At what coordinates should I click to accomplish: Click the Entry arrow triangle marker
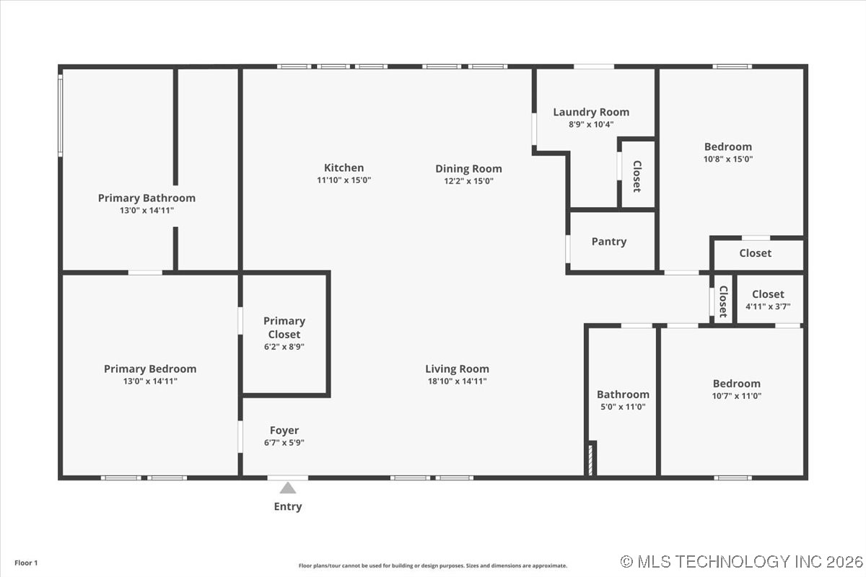coord(288,488)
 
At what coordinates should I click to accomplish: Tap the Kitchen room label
coord(344,168)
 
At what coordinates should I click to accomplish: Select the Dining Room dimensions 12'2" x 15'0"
coord(468,182)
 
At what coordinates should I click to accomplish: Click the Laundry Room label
coord(591,112)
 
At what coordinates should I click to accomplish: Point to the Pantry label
coord(609,242)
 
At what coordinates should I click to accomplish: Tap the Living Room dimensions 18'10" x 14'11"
coord(457,381)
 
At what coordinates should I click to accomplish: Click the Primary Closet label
coord(284,327)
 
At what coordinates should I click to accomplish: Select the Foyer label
coord(284,431)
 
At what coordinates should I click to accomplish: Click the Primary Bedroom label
coord(150,369)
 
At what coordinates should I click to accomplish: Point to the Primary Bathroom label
coord(146,198)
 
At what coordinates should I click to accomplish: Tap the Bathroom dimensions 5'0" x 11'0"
coord(623,407)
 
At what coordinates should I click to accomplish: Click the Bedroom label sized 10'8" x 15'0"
coord(728,146)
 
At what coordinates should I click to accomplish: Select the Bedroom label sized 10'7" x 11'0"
coord(736,384)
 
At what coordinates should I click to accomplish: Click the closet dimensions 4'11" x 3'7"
coord(768,307)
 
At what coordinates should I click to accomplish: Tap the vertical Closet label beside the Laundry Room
coord(637,175)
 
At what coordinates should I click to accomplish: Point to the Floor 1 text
coord(26,563)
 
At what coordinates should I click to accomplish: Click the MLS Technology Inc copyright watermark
coord(741,561)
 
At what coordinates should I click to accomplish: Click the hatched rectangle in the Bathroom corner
coord(592,459)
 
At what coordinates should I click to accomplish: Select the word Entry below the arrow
coord(287,506)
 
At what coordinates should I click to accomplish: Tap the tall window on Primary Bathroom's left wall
coord(61,115)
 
